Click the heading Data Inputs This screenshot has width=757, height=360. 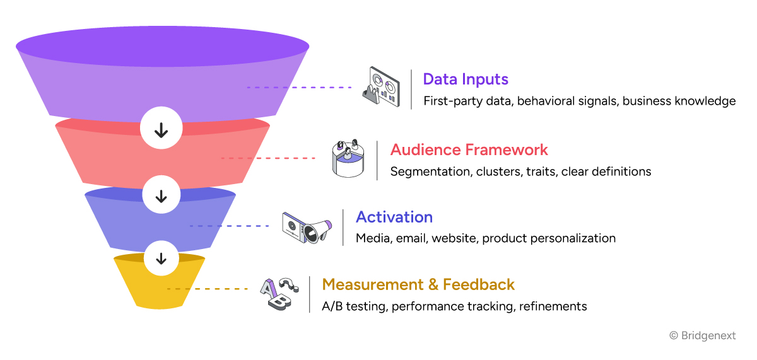click(x=466, y=79)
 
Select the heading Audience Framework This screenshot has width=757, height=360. click(x=469, y=150)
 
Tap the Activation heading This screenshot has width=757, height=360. click(x=394, y=218)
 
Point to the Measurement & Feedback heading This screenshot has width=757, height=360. click(x=418, y=284)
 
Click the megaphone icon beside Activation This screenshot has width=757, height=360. click(x=307, y=228)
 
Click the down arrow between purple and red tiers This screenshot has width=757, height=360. click(x=161, y=130)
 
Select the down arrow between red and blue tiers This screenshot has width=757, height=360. click(x=161, y=196)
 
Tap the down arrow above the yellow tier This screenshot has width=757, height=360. click(x=161, y=257)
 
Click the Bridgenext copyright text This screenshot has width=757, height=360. click(x=702, y=336)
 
